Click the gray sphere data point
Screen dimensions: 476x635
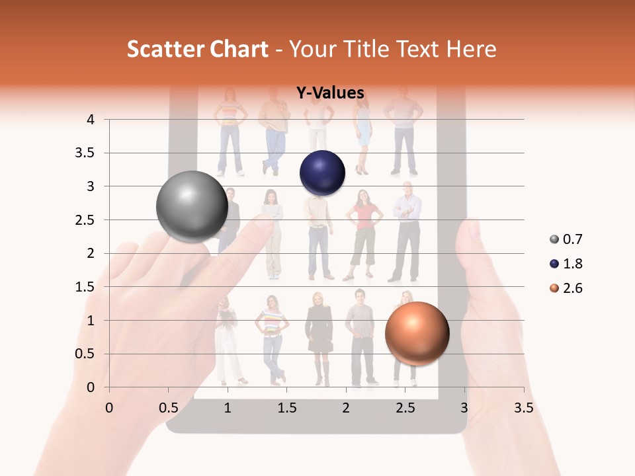point(192,206)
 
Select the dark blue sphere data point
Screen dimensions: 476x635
point(322,173)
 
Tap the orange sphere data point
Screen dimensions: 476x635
point(417,333)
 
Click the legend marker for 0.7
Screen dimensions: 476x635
point(553,239)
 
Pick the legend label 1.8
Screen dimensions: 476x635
point(572,264)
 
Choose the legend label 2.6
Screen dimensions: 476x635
point(572,288)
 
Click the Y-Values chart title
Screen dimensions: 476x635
point(329,93)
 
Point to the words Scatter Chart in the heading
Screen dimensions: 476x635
point(197,49)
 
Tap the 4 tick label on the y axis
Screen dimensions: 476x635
point(91,120)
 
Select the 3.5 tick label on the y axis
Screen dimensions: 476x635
point(84,153)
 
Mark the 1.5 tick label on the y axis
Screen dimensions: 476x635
point(84,287)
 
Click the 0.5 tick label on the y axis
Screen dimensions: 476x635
point(84,354)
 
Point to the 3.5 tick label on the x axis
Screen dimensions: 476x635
point(523,408)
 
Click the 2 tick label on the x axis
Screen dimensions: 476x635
point(346,408)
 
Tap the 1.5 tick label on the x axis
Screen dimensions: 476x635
point(286,408)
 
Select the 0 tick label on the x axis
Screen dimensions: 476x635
point(109,408)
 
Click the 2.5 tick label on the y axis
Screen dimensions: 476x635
point(84,220)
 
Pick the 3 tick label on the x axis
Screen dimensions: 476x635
point(464,408)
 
